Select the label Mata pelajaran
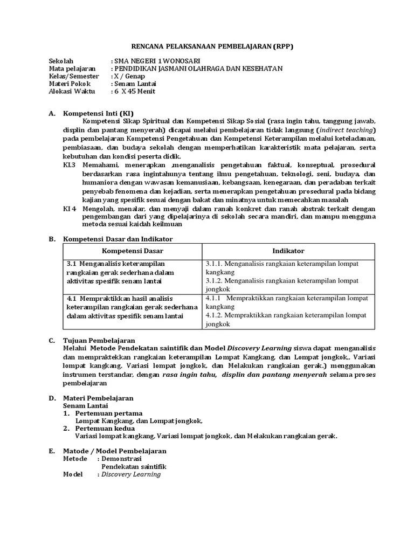point(72,68)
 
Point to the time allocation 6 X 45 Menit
point(135,91)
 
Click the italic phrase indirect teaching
point(344,130)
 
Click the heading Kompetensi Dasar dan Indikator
point(118,239)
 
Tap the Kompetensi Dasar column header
point(133,251)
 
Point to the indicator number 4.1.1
point(215,298)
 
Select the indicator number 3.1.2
point(215,281)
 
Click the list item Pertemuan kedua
point(105,428)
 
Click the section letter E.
point(51,451)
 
